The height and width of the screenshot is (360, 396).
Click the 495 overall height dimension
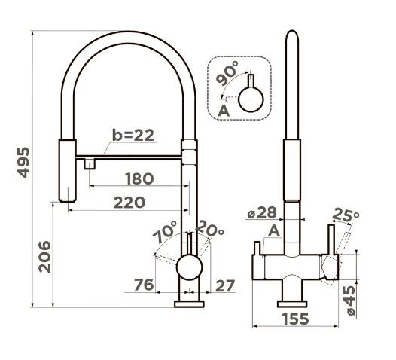click(23, 162)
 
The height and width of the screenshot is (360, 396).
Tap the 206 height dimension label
click(44, 257)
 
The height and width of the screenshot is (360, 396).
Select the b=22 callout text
click(133, 135)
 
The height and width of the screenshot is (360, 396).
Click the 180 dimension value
click(139, 178)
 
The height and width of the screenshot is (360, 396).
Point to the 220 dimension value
click(129, 203)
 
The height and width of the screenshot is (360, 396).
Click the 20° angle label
click(209, 228)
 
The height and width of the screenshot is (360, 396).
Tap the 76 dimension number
click(144, 285)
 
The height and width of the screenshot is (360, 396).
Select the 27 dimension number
click(225, 285)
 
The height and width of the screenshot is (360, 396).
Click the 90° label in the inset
click(227, 73)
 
